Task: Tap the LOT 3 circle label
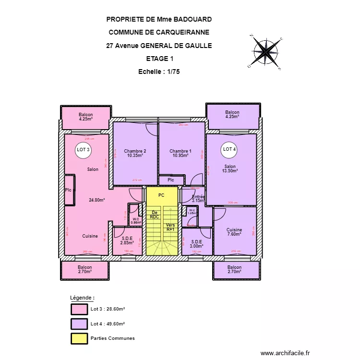[x=84, y=149]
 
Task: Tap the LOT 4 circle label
[x=229, y=149]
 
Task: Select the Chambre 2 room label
[x=135, y=154]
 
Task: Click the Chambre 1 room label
[x=180, y=154]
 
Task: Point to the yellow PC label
[x=161, y=195]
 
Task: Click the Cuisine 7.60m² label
[x=234, y=232]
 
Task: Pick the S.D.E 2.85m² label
[x=127, y=240]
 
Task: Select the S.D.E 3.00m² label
[x=196, y=244]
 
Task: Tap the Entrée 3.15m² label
[x=198, y=199]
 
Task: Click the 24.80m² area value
[x=97, y=200]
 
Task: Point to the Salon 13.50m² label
[x=230, y=168]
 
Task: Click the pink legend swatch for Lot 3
[x=79, y=309]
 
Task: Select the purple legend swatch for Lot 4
[x=79, y=324]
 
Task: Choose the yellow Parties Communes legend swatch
[x=79, y=338]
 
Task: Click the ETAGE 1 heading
[x=159, y=59]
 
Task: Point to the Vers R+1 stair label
[x=170, y=227]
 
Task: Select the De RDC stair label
[x=155, y=215]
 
